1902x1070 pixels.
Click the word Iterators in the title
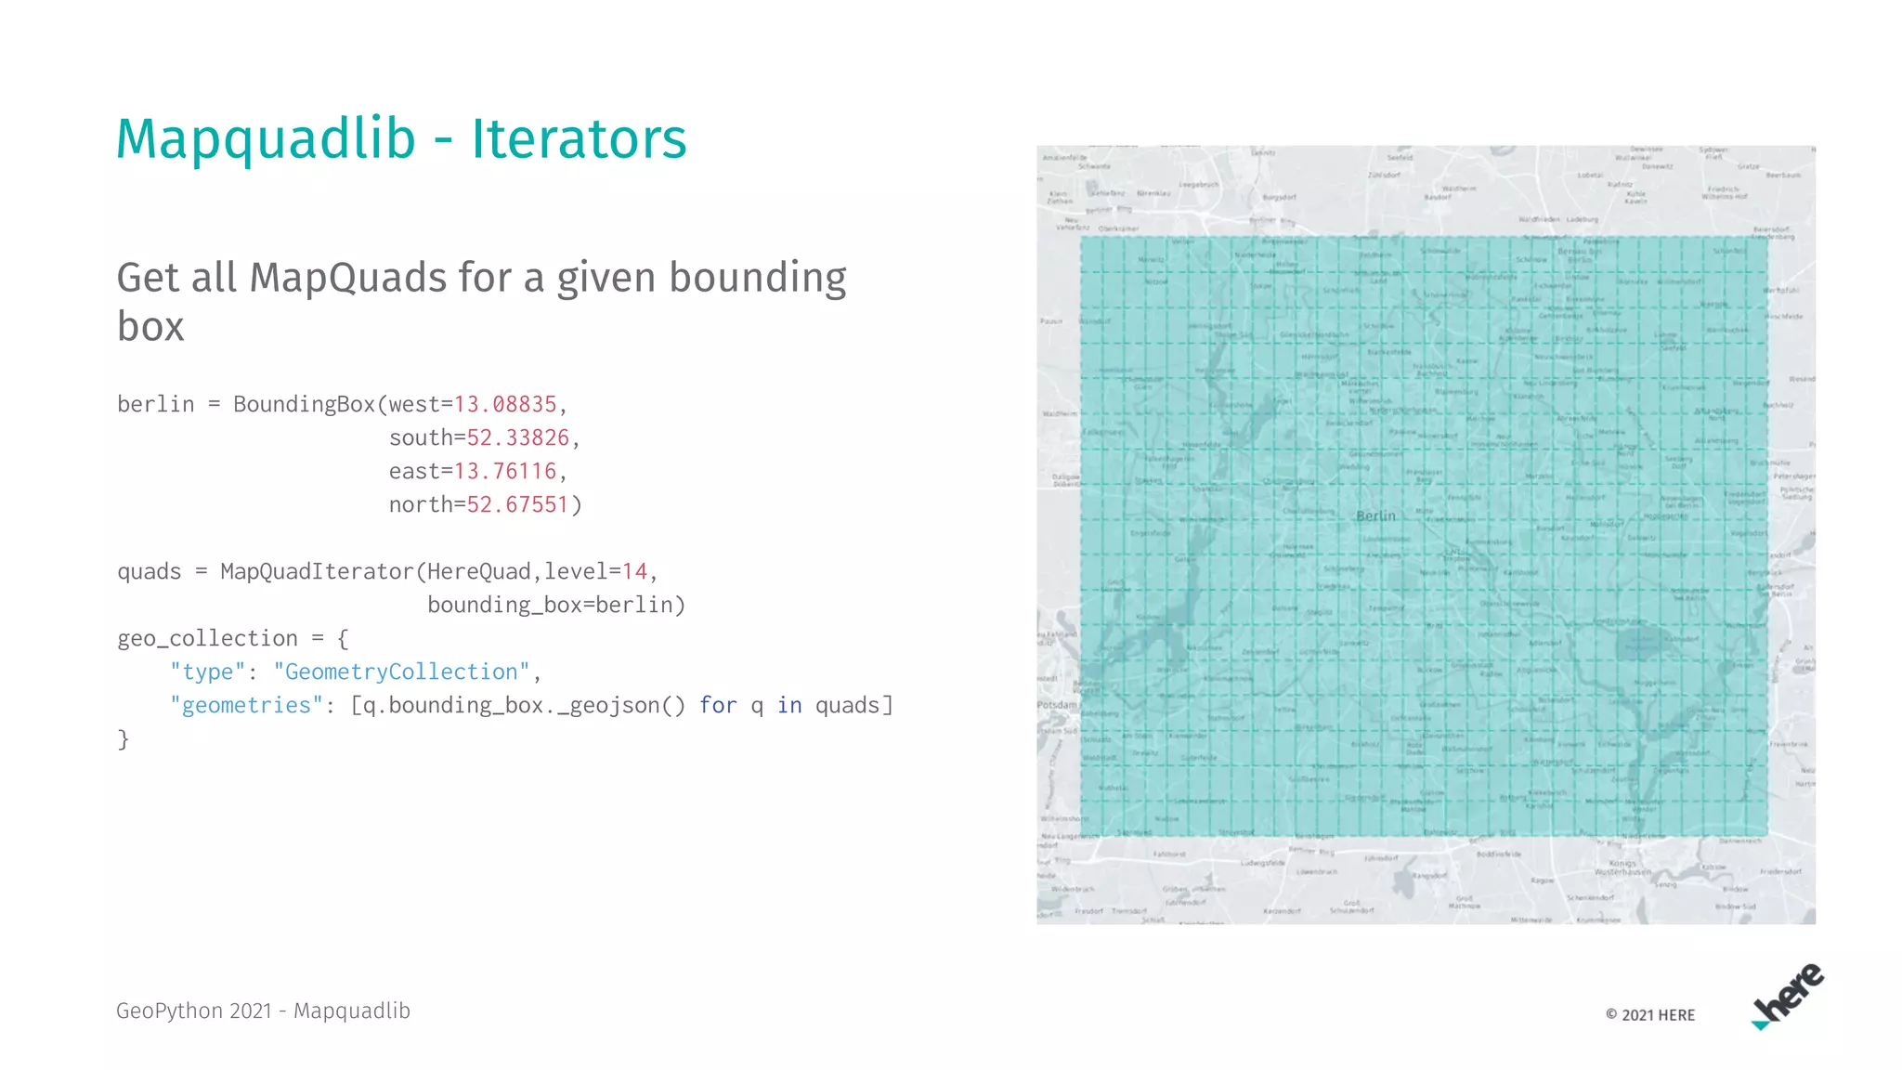click(579, 139)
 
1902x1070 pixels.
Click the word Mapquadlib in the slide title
click(266, 139)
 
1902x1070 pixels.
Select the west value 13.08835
click(504, 405)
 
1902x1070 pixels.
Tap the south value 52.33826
click(517, 438)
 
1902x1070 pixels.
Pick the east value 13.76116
click(504, 472)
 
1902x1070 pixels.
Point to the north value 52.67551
click(517, 505)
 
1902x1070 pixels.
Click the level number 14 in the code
click(634, 572)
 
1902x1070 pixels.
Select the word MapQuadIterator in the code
click(317, 572)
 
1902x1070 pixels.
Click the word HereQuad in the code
click(478, 572)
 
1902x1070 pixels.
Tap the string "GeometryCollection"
click(401, 672)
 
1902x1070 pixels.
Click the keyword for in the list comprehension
click(718, 706)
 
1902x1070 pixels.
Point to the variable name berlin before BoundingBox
click(156, 405)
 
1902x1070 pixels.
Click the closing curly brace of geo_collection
click(123, 739)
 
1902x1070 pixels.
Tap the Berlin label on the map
click(1375, 516)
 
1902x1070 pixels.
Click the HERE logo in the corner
click(1788, 997)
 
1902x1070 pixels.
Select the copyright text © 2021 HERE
click(1650, 1015)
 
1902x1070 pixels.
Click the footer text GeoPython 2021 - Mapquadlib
click(263, 1011)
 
